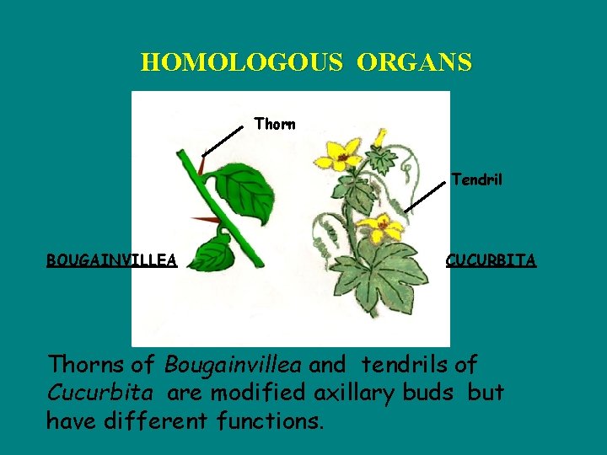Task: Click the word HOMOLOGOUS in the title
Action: [241, 62]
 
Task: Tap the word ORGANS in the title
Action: [414, 62]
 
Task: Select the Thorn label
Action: [275, 125]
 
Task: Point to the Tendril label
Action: [476, 179]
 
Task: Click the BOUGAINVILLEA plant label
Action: [111, 260]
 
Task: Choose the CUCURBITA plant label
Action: [491, 260]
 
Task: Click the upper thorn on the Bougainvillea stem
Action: [203, 166]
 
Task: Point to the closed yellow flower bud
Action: [380, 136]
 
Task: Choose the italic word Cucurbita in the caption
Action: [99, 393]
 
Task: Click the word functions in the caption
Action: [270, 420]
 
